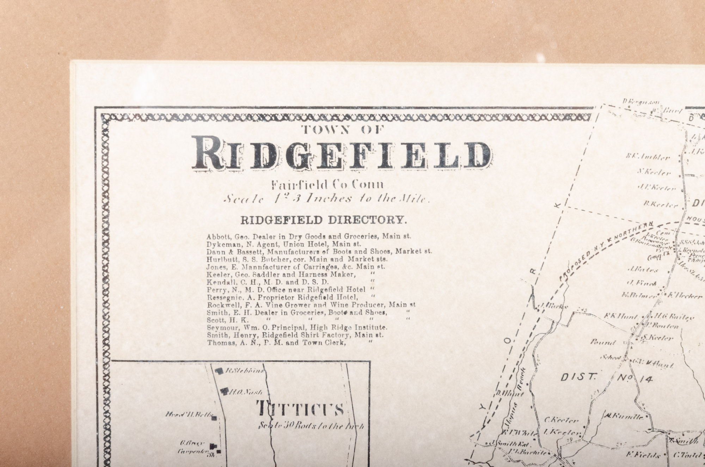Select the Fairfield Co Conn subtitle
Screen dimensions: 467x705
click(x=327, y=184)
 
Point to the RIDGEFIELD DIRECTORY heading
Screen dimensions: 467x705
click(x=323, y=220)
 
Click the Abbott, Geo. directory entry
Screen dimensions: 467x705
click(x=309, y=236)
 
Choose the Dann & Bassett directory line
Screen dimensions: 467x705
click(x=319, y=251)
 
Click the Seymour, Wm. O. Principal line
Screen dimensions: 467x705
click(x=297, y=327)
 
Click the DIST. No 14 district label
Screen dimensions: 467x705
click(x=606, y=378)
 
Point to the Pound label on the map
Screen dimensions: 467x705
click(x=603, y=342)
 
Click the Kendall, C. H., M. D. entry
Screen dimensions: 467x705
click(x=268, y=282)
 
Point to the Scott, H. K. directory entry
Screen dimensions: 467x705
click(x=228, y=320)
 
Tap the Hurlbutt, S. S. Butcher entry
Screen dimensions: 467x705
click(x=297, y=259)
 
